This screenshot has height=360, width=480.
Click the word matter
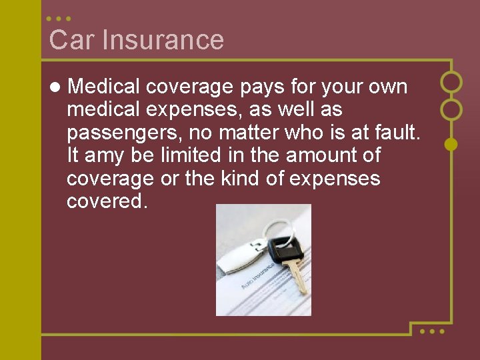[245, 133]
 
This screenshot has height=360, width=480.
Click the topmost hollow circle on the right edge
[451, 82]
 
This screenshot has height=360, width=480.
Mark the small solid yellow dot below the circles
[451, 143]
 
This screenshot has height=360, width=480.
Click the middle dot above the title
[59, 19]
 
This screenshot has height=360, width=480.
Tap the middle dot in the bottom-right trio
[432, 331]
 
